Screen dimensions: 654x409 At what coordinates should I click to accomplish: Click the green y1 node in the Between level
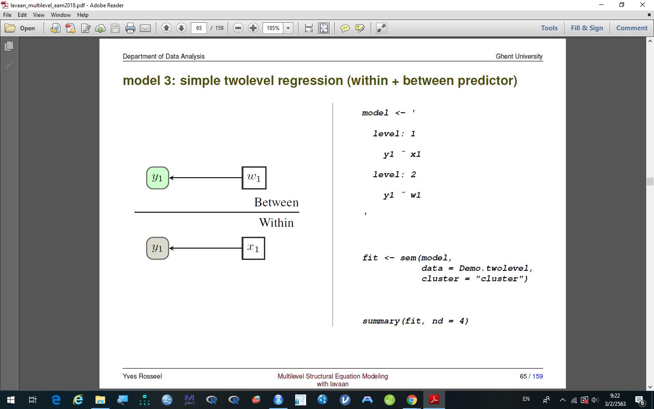[157, 178]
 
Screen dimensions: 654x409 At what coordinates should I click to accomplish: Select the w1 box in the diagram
[254, 178]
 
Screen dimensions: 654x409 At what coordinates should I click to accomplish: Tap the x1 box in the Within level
[253, 248]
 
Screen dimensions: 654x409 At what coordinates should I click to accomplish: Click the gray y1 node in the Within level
[157, 248]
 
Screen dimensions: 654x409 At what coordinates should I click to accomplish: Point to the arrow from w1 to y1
[206, 178]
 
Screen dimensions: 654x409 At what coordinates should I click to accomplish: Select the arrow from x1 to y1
[206, 248]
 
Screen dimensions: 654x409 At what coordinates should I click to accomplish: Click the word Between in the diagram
[276, 202]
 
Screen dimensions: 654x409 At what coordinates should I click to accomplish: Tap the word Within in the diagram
[276, 223]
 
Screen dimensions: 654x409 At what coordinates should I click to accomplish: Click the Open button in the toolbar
[20, 28]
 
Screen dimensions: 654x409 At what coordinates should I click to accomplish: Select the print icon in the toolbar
[130, 28]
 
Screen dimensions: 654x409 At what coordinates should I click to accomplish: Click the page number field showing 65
[199, 28]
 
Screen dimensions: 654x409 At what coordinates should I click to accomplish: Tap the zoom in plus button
[253, 28]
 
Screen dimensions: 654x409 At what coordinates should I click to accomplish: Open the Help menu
[83, 15]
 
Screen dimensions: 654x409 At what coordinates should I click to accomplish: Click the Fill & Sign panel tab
[587, 28]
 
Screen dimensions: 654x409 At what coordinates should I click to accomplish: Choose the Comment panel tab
[632, 28]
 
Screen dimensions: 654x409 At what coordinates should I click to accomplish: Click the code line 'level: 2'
[394, 175]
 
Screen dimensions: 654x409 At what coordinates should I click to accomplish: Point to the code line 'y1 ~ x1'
[402, 154]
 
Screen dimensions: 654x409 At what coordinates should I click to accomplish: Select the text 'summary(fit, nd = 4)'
[415, 321]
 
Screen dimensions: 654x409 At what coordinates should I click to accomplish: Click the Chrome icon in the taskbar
[411, 399]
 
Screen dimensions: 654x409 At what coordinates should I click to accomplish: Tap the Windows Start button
[11, 399]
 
